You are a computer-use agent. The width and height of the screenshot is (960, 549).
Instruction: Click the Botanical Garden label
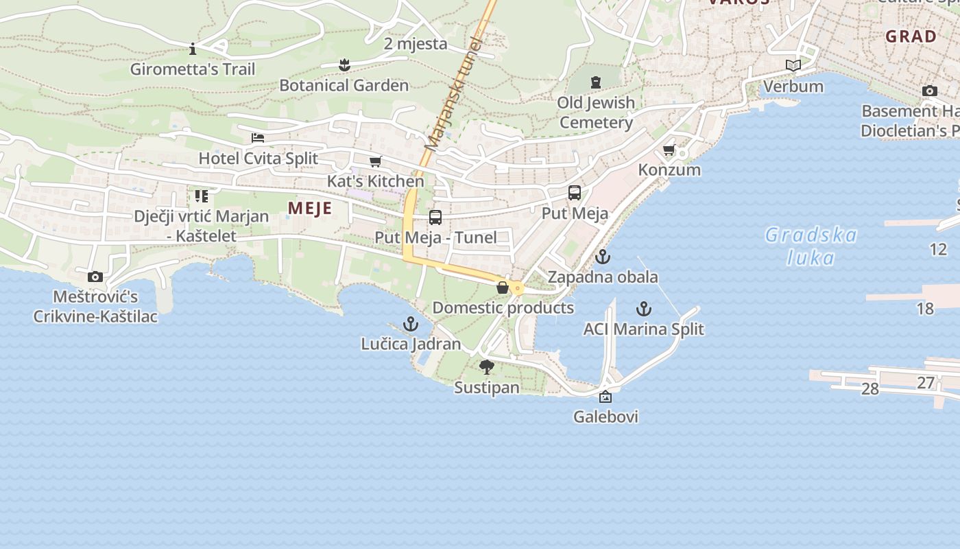pyautogui.click(x=344, y=86)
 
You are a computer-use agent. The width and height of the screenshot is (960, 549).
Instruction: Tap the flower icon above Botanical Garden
pyautogui.click(x=344, y=65)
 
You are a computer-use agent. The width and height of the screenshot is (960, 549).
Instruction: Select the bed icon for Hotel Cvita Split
pyautogui.click(x=258, y=137)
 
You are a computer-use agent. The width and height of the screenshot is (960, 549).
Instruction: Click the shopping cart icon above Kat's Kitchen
pyautogui.click(x=375, y=162)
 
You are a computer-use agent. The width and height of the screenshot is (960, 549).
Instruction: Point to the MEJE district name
pyautogui.click(x=310, y=209)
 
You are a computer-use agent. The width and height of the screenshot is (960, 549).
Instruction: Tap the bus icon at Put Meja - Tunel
pyautogui.click(x=435, y=218)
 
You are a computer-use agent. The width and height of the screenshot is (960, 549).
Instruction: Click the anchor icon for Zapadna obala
pyautogui.click(x=603, y=257)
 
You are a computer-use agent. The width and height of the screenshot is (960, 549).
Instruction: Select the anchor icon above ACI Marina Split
pyautogui.click(x=643, y=309)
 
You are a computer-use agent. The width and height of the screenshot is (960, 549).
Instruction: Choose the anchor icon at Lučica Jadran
pyautogui.click(x=410, y=323)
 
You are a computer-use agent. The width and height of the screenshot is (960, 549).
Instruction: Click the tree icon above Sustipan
pyautogui.click(x=487, y=367)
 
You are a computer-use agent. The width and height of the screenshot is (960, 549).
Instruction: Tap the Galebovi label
pyautogui.click(x=606, y=417)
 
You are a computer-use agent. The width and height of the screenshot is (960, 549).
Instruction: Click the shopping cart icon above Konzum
pyautogui.click(x=669, y=150)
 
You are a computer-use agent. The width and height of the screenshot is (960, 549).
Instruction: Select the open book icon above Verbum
pyautogui.click(x=793, y=66)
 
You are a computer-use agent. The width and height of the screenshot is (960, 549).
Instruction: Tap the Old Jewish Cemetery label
pyautogui.click(x=595, y=113)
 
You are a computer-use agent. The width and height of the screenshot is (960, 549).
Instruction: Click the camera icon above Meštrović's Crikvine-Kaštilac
pyautogui.click(x=95, y=277)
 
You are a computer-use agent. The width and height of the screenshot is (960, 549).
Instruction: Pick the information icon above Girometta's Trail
pyautogui.click(x=193, y=49)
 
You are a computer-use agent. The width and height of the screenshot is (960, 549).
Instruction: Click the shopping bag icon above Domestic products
pyautogui.click(x=503, y=288)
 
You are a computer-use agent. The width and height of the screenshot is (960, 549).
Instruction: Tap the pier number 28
pyautogui.click(x=869, y=389)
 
